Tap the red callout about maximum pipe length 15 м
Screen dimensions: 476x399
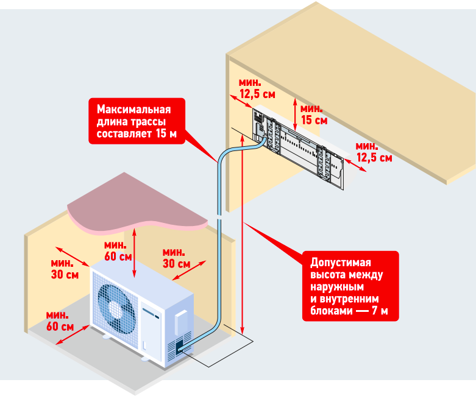click(x=137, y=121)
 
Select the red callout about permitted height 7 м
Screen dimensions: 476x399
click(x=350, y=286)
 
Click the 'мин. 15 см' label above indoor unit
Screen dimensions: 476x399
click(x=314, y=115)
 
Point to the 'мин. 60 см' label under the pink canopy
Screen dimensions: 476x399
click(x=118, y=250)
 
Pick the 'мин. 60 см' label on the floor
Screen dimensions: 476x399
click(x=60, y=320)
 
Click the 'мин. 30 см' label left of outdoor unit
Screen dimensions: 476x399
click(x=65, y=269)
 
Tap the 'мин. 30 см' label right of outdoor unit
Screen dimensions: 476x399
click(x=176, y=258)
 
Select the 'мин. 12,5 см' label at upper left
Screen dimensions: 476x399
click(x=257, y=88)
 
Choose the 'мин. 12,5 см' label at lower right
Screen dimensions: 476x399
click(x=374, y=152)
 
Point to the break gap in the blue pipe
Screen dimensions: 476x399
click(x=220, y=218)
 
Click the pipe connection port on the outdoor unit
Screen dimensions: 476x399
click(x=180, y=347)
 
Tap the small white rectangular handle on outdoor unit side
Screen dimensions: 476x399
click(x=181, y=322)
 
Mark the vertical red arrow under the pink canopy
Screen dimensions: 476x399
click(x=135, y=253)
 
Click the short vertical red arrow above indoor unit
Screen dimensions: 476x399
click(x=295, y=114)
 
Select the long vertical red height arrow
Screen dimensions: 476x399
click(x=242, y=235)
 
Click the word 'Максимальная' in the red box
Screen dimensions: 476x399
click(x=134, y=109)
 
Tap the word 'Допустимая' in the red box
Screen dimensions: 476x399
click(x=341, y=263)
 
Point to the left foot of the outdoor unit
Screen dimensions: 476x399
click(x=107, y=336)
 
